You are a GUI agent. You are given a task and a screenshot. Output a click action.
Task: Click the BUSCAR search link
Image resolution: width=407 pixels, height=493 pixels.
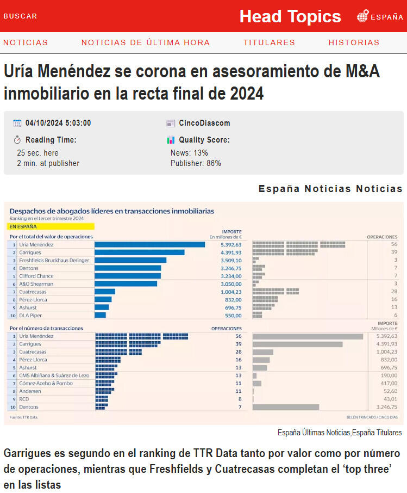(20, 16)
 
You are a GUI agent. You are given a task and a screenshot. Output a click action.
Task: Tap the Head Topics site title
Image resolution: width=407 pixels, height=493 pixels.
(290, 16)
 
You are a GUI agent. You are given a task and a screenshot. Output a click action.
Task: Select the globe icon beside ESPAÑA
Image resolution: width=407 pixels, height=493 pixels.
(362, 16)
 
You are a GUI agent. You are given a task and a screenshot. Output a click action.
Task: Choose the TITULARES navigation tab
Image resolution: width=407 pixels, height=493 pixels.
(269, 42)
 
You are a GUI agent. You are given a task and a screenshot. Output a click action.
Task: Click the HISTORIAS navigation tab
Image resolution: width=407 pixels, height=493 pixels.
(354, 42)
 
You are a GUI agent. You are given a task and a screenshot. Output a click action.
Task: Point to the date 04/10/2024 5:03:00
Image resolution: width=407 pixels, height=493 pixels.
(58, 123)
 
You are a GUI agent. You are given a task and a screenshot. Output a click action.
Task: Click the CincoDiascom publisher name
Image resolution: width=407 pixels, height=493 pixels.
(204, 123)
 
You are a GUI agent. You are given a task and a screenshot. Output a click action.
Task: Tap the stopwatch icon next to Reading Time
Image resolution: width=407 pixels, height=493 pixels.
(17, 140)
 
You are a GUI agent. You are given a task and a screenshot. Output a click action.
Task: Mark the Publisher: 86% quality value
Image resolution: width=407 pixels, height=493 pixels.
(196, 163)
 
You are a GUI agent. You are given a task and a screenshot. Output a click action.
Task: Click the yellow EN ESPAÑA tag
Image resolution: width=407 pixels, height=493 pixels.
(52, 226)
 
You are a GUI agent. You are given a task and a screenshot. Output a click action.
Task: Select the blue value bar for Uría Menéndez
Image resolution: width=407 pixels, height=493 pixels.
(149, 245)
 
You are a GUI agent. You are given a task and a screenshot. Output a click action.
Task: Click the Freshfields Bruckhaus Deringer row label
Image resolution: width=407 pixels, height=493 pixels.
(54, 261)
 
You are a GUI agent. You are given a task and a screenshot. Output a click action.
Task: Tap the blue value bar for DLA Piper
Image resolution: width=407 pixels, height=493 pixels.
(100, 316)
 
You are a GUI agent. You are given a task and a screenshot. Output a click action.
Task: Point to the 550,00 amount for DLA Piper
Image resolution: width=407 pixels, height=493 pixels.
(233, 316)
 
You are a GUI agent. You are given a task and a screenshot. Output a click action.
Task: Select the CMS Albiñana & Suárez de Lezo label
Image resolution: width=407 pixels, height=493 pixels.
(53, 375)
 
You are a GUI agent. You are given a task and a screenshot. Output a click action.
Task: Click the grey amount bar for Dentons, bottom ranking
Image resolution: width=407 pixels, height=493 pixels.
(286, 407)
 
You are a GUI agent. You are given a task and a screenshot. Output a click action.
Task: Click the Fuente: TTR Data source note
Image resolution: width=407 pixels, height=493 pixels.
(24, 417)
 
